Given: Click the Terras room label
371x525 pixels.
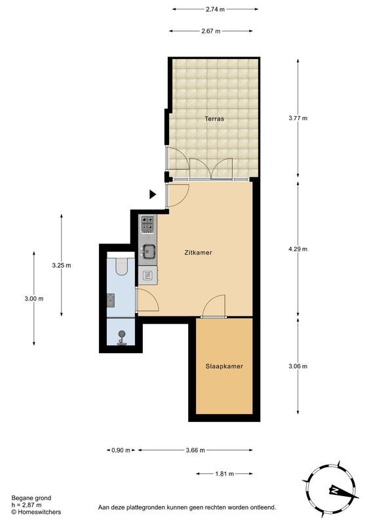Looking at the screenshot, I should coord(214,119).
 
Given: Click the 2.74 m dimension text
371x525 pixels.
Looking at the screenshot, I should coord(215,10).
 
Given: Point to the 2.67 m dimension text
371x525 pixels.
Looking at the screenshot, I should coord(211,31).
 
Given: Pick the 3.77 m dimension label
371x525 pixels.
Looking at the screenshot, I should coord(298,118).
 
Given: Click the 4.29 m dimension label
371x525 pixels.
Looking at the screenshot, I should coord(298,249).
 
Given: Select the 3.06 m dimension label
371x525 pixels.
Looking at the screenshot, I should coord(298,366).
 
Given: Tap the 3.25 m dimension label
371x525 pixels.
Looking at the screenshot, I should coord(62,265).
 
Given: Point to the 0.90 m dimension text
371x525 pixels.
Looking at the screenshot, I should coord(119,450).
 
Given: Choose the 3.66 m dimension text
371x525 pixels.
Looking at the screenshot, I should coord(195,450).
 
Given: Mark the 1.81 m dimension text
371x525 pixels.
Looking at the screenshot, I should coord(224,473).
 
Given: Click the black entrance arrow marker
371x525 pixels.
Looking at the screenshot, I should coord(152,194).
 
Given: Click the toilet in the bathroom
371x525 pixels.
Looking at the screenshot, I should coord(121,266).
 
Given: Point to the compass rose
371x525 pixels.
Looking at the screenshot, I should coord(334,489).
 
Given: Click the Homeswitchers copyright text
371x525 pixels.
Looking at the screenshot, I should coord(37,511).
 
